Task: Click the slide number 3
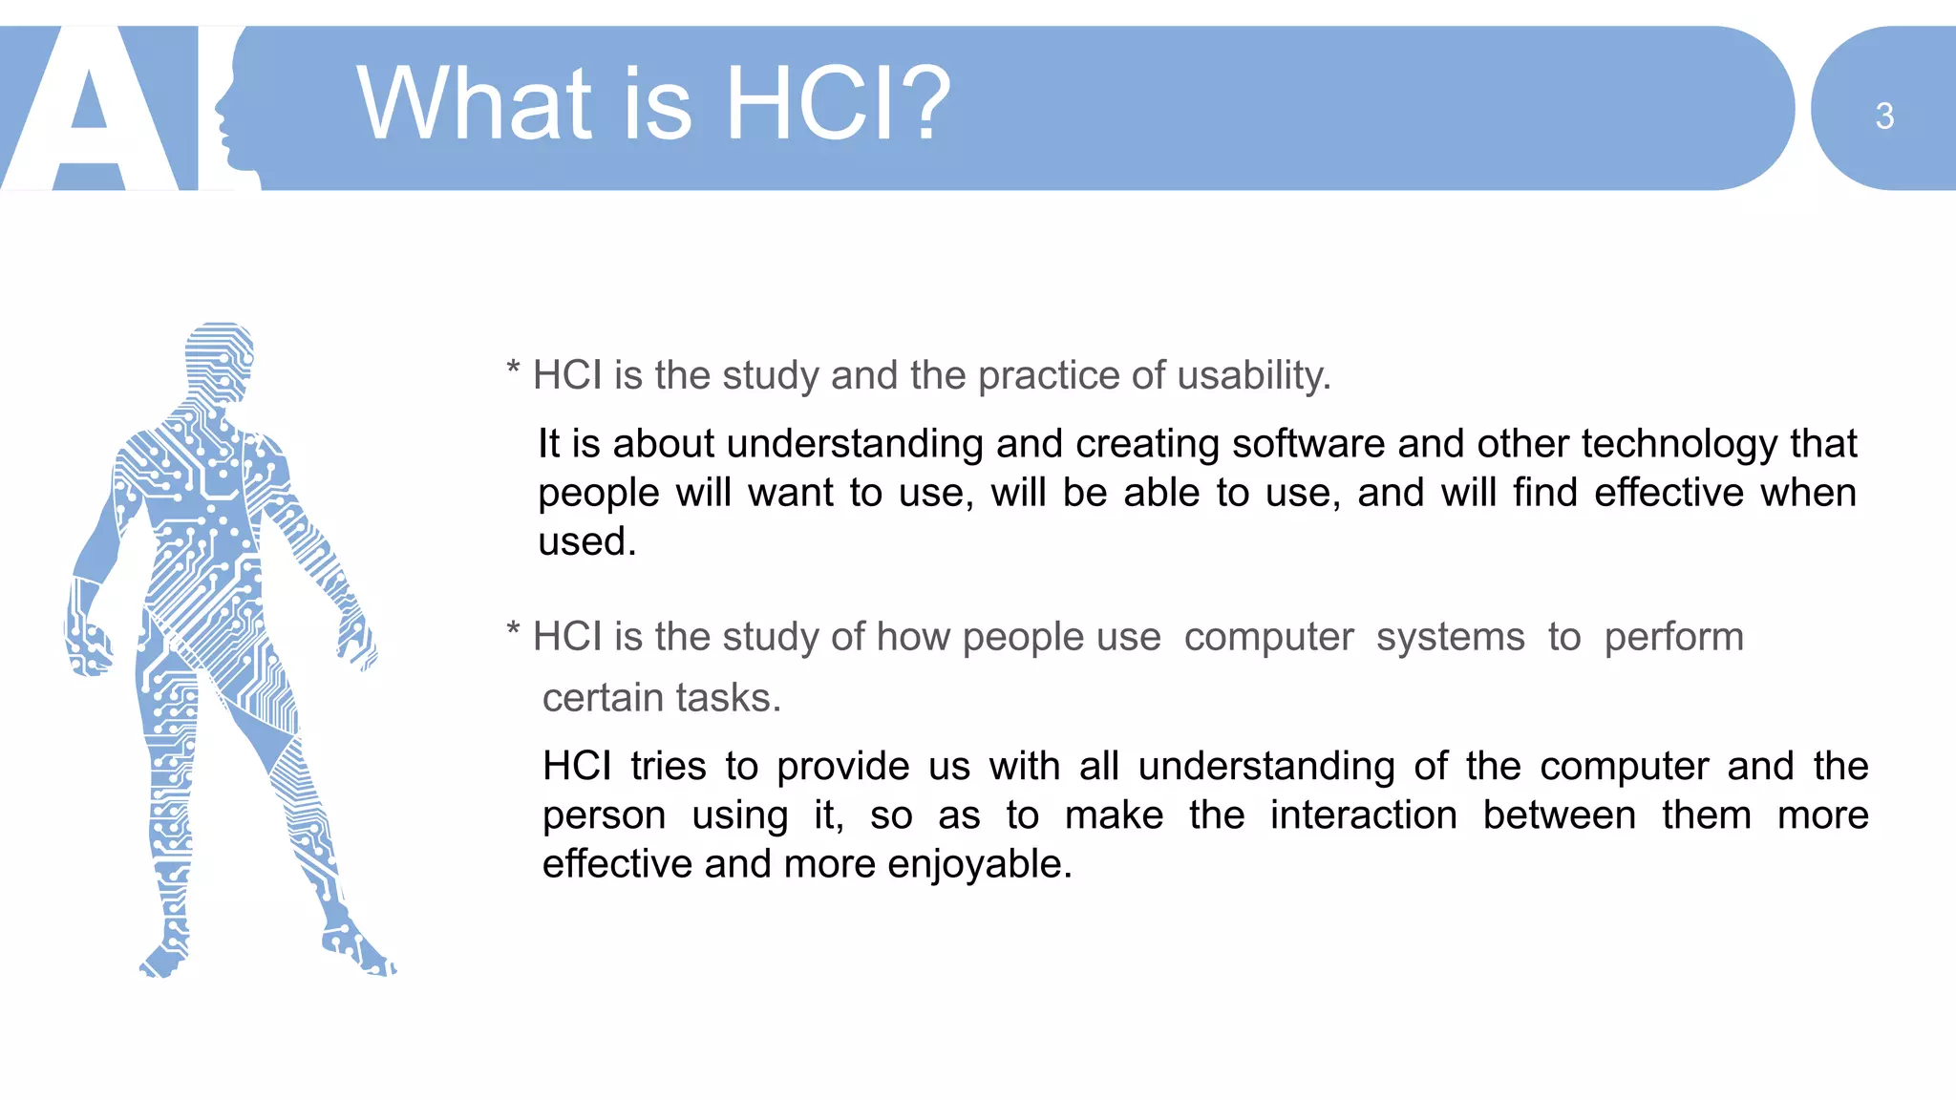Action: coord(1883,116)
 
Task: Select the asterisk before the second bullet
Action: coord(513,630)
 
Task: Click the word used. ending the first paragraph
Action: coord(585,541)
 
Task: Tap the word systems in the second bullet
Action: coord(1450,637)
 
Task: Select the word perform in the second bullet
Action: coord(1673,637)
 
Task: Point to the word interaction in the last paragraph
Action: coord(1363,815)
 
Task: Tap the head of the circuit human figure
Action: coord(220,358)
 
